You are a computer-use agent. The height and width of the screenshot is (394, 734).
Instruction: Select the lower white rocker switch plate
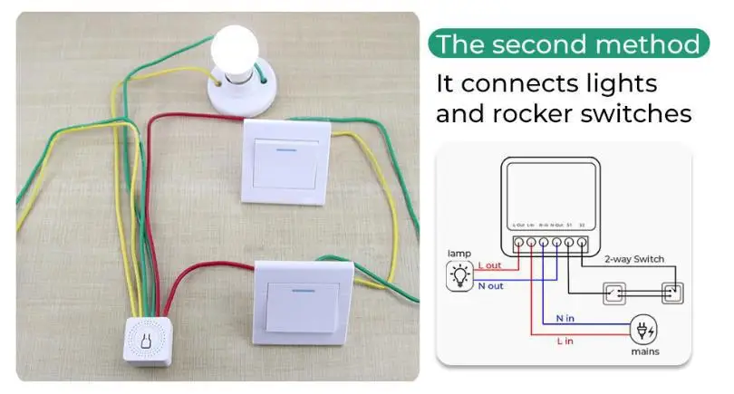pyautogui.click(x=302, y=300)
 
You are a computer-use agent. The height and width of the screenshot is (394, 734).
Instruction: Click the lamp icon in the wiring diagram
pyautogui.click(x=460, y=274)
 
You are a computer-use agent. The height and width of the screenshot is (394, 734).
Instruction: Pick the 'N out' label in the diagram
pyautogui.click(x=492, y=286)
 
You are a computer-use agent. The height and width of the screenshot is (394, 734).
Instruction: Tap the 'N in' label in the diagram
pyautogui.click(x=565, y=317)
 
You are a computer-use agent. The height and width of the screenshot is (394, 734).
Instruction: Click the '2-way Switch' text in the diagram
pyautogui.click(x=634, y=259)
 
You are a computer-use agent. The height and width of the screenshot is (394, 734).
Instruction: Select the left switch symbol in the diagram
pyautogui.click(x=614, y=293)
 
